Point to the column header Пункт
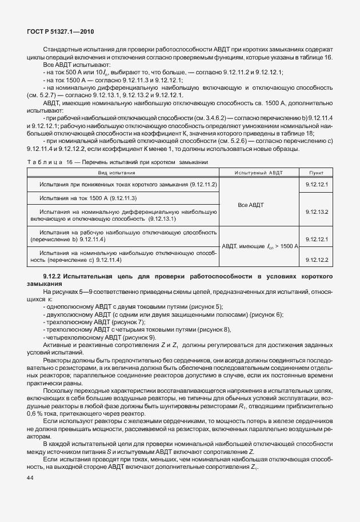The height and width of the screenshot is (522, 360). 316,172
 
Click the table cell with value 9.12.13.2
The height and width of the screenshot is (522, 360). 316,212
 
